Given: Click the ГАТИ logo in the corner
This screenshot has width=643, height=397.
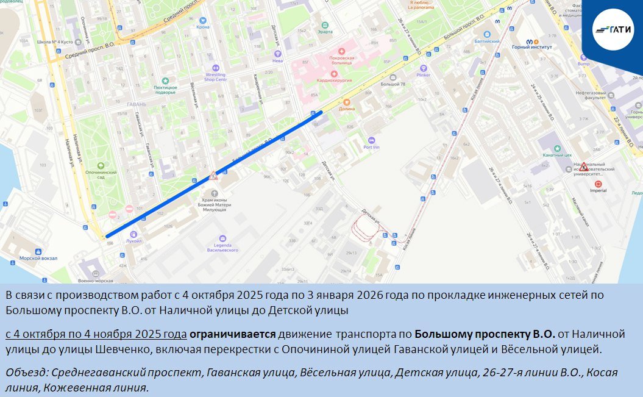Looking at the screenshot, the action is tap(613, 29).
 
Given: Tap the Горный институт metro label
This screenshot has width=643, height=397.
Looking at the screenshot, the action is tap(531, 46).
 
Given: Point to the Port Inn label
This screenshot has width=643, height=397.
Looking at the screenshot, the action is tap(371, 146).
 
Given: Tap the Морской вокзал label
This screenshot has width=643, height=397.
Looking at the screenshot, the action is tap(38, 258).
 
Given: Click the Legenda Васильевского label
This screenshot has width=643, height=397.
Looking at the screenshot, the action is tap(222, 248).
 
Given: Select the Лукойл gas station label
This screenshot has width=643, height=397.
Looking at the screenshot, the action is tap(133, 240).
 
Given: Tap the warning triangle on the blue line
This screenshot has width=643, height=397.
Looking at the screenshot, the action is tap(213, 176).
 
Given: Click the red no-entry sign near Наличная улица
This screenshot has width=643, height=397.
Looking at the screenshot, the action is tap(113, 215).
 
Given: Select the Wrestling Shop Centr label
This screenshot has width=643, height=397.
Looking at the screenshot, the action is tap(215, 76).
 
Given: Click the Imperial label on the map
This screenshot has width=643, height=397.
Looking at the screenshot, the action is tap(598, 190).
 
